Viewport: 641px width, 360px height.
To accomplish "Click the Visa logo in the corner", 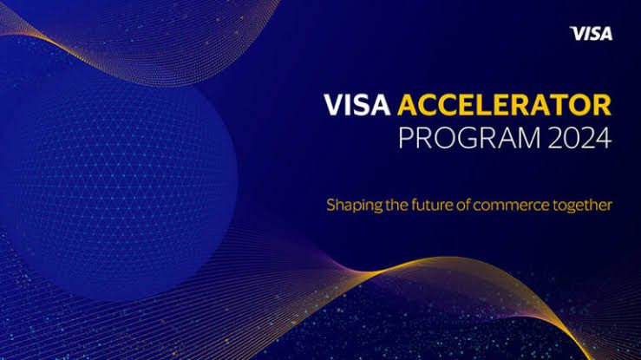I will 591,34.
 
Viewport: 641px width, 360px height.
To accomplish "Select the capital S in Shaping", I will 331,206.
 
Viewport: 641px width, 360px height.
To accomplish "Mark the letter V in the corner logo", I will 575,34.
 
